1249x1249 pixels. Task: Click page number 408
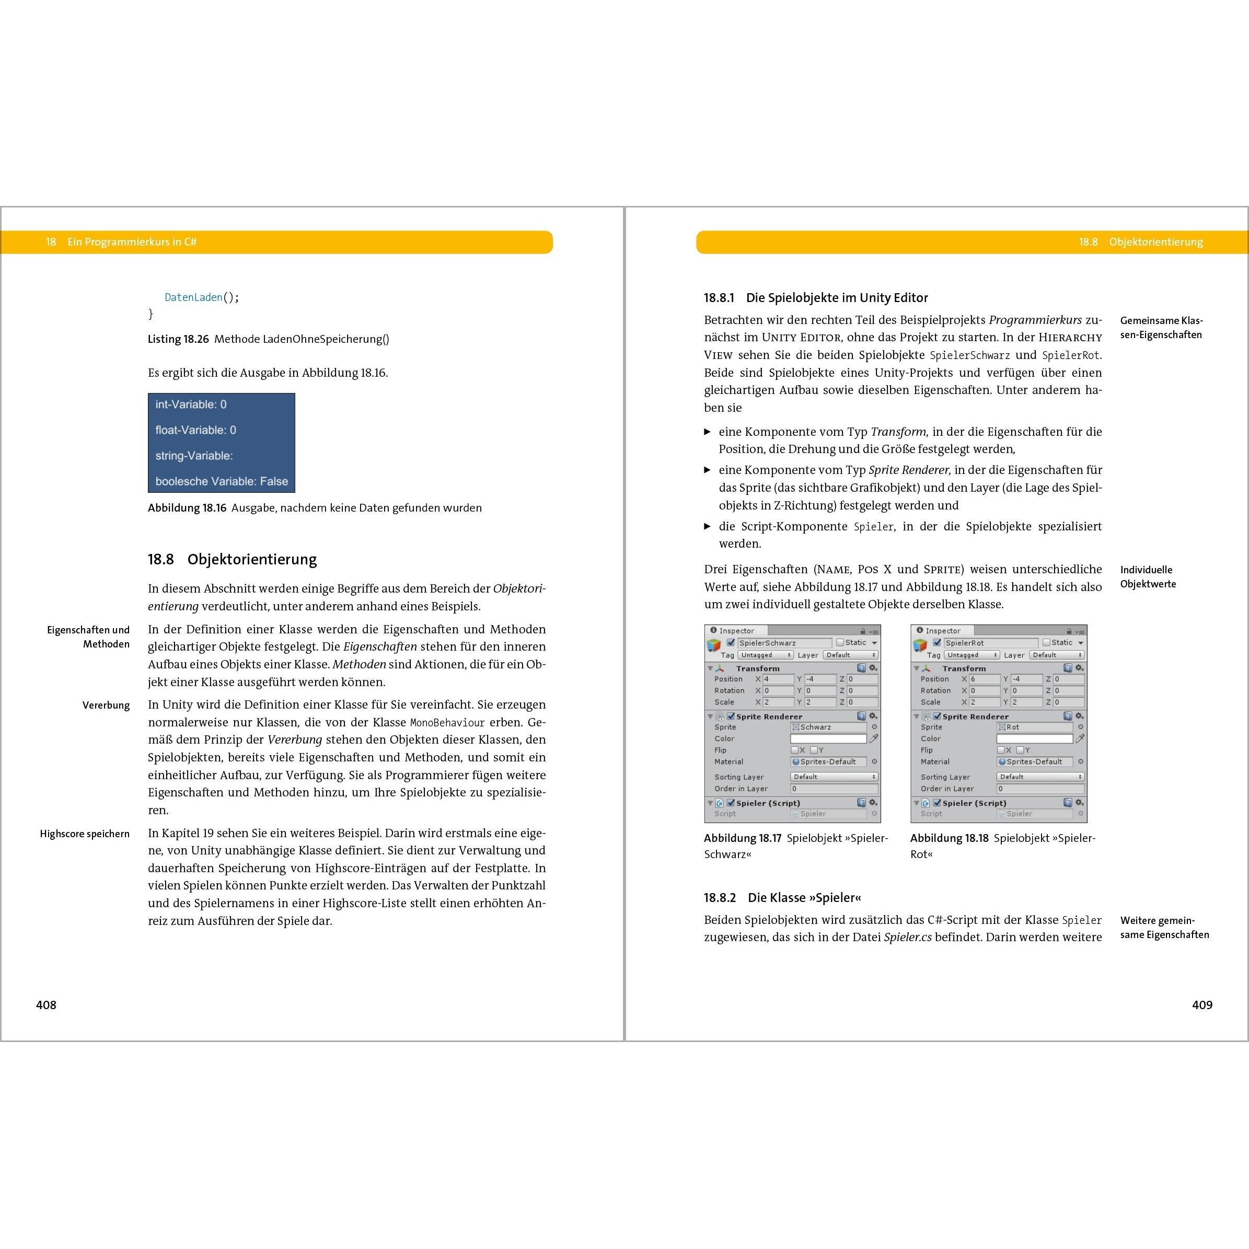pos(46,1004)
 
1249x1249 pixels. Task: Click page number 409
pos(1202,1004)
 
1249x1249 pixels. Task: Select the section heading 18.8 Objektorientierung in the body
pos(232,559)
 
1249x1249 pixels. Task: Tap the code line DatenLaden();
pos(202,297)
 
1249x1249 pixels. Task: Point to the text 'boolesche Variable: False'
pos(221,481)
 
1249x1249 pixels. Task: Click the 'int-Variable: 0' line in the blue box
pos(191,404)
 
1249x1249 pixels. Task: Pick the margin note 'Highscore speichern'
pos(85,834)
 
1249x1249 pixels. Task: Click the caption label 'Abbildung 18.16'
pos(187,508)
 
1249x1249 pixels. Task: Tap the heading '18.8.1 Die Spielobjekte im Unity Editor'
pos(816,298)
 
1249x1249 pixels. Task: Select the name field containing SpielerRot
pos(990,643)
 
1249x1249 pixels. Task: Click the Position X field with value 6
pos(984,679)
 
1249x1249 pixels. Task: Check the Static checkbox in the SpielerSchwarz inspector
pos(840,643)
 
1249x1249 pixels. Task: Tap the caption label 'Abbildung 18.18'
pos(949,838)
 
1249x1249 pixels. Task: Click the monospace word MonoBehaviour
pos(447,723)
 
